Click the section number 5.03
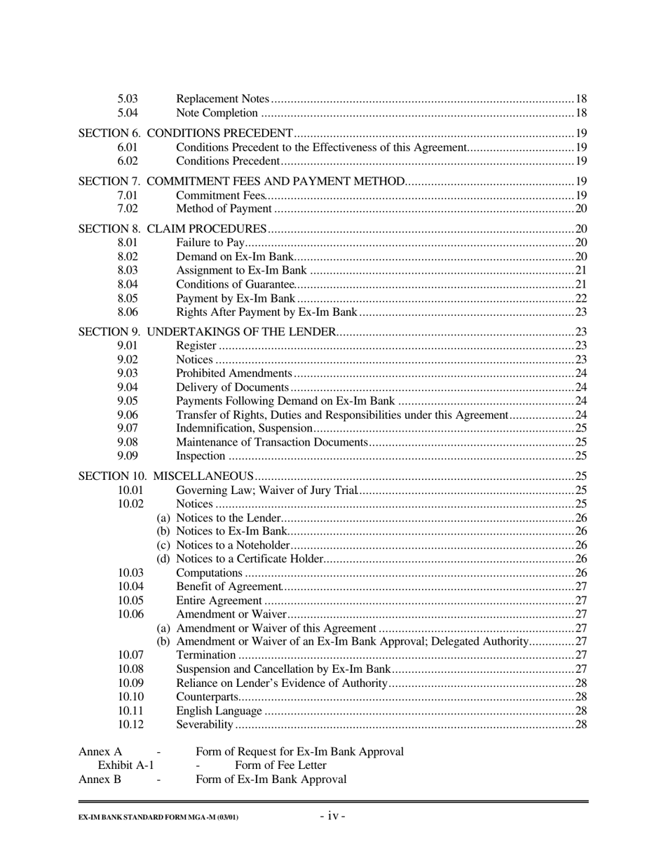(x=127, y=99)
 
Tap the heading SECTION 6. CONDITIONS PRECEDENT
(x=185, y=133)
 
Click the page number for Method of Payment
(x=580, y=209)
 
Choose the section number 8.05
(x=127, y=298)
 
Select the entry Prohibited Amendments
(x=233, y=373)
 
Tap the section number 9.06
(x=127, y=415)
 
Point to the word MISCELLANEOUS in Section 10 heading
(x=203, y=476)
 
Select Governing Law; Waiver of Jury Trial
(x=267, y=490)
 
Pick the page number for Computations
(x=580, y=573)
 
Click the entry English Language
(x=219, y=711)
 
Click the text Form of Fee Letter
(x=280, y=765)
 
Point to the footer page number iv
(x=332, y=816)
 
